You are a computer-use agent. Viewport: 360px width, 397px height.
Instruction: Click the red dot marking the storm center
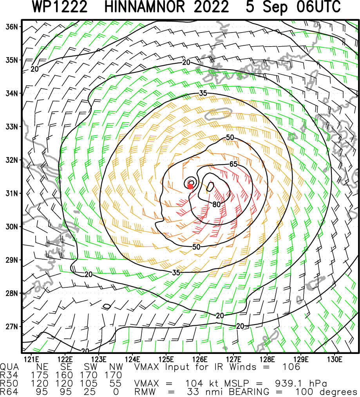pyautogui.click(x=190, y=186)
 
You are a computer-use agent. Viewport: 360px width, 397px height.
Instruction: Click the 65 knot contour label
pyautogui.click(x=233, y=164)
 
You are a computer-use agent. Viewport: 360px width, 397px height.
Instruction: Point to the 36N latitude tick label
pyautogui.click(x=12, y=27)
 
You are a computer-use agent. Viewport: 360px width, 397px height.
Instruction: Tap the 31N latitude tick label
pyautogui.click(x=12, y=193)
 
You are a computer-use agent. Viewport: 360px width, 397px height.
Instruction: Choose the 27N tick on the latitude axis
pyautogui.click(x=12, y=327)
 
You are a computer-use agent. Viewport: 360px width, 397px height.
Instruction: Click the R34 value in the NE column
pyautogui.click(x=42, y=375)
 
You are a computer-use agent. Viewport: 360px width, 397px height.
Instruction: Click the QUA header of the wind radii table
pyautogui.click(x=9, y=367)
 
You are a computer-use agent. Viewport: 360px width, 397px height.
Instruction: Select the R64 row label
pyautogui.click(x=9, y=392)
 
